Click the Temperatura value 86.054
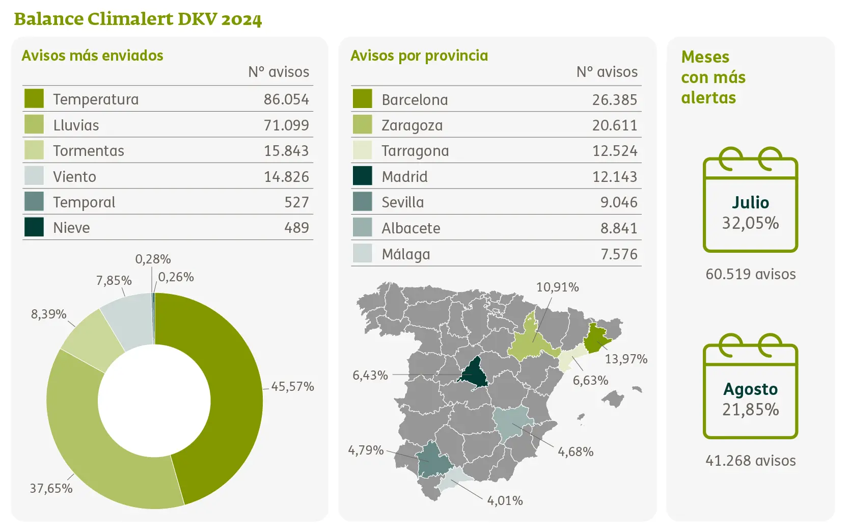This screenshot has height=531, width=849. coord(286,99)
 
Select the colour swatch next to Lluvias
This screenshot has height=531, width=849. coord(34,124)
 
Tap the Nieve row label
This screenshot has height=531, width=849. coord(71,228)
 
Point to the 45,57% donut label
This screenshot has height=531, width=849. coord(292,387)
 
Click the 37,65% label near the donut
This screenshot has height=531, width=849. coord(51,489)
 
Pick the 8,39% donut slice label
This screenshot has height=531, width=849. coord(48,314)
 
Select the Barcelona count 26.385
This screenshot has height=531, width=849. coord(614,100)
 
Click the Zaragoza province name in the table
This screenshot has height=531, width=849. coord(412,125)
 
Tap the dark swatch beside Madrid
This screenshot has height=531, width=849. coord(362,176)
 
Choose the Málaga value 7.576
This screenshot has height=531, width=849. coord(619,254)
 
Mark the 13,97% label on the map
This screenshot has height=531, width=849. coord(626,359)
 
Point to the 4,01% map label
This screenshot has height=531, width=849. coord(505,501)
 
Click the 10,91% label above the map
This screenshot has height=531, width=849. coord(557,287)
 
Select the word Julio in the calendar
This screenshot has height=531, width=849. coord(750,203)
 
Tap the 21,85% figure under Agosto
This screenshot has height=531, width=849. coord(750,410)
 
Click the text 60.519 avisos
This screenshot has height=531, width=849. coord(750,274)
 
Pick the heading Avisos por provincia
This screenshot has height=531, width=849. coord(419,56)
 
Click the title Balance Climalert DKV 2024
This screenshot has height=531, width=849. coord(138,19)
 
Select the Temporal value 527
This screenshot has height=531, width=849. coord(296,202)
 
